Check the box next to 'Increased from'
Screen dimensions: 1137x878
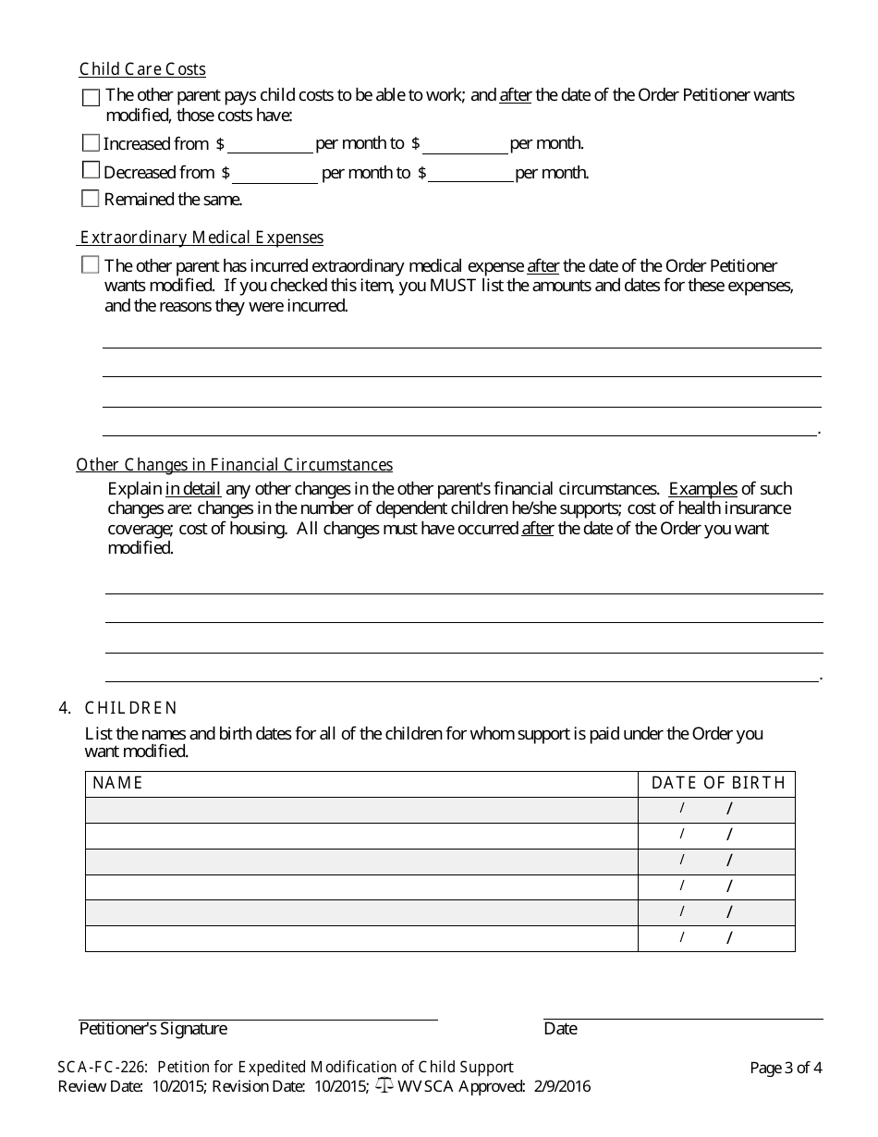[x=91, y=143]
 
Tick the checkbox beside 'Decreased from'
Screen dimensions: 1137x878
[x=91, y=171]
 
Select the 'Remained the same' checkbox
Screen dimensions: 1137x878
[x=91, y=199]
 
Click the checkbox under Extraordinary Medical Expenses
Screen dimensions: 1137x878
[x=91, y=265]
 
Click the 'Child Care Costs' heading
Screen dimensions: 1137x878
[x=142, y=69]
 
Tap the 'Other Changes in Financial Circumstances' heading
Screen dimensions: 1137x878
[x=234, y=465]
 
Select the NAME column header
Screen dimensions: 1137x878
[x=118, y=783]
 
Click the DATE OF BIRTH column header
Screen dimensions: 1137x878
[x=717, y=783]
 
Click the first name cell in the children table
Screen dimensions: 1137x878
[x=361, y=810]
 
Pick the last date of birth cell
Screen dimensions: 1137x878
[x=716, y=938]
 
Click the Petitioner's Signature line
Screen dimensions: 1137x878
[x=258, y=1012]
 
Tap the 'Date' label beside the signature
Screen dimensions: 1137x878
[x=560, y=1029]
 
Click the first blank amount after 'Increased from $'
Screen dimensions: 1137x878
[x=270, y=143]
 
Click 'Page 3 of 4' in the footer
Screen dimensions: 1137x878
[x=786, y=1068]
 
